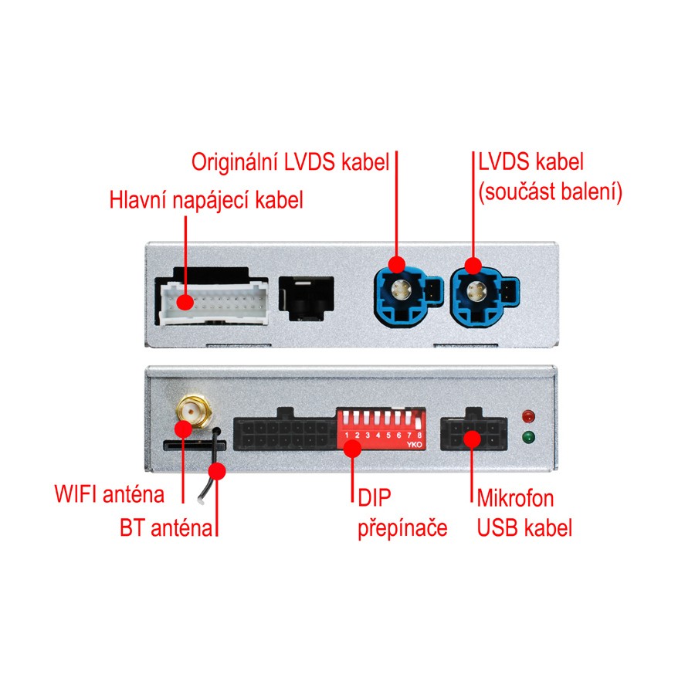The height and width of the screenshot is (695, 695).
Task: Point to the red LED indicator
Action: click(x=528, y=416)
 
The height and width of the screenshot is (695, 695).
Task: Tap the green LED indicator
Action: click(x=528, y=439)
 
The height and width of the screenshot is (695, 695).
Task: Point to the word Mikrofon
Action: click(x=515, y=497)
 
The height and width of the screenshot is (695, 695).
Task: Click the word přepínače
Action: click(x=402, y=529)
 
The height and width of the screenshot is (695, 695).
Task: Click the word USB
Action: click(x=498, y=529)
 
